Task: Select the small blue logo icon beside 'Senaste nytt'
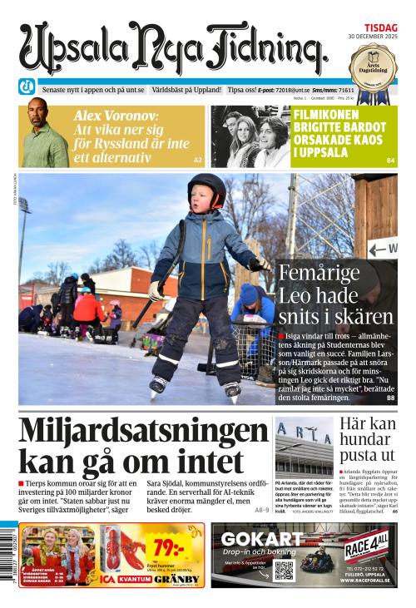pos(27,89)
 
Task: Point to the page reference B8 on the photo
pos(390,398)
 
